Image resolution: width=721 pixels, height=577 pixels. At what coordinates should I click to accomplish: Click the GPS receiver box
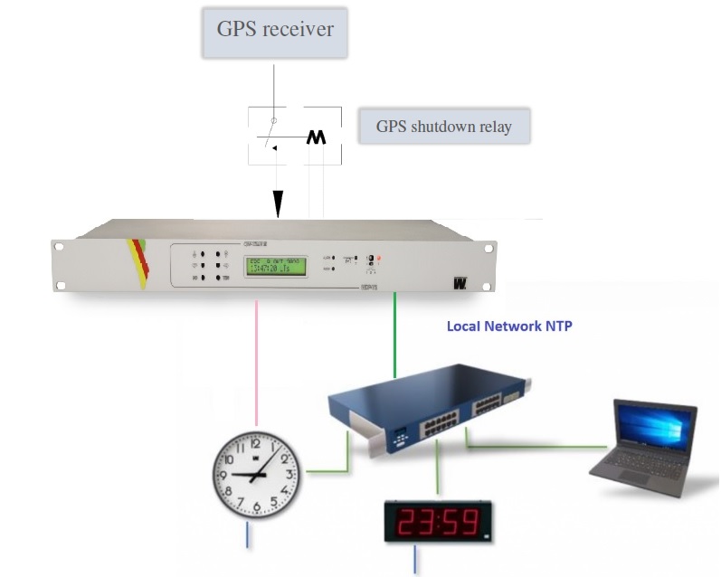click(274, 29)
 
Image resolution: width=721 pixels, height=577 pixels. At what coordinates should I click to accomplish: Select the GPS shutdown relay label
click(443, 127)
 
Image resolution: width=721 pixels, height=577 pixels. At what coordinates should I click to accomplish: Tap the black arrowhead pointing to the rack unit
click(279, 205)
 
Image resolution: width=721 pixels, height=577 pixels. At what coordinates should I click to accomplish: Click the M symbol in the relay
click(316, 137)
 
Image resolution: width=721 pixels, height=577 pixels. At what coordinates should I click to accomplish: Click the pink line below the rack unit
click(258, 362)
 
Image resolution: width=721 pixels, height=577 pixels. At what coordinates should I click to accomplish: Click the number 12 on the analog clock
click(255, 442)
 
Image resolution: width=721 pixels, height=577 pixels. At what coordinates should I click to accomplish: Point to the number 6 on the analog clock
click(258, 506)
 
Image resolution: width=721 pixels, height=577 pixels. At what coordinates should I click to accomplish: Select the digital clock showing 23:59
click(438, 521)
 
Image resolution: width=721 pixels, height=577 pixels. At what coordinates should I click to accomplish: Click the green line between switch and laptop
click(543, 446)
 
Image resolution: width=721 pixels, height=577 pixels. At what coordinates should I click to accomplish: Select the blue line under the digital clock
click(416, 559)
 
